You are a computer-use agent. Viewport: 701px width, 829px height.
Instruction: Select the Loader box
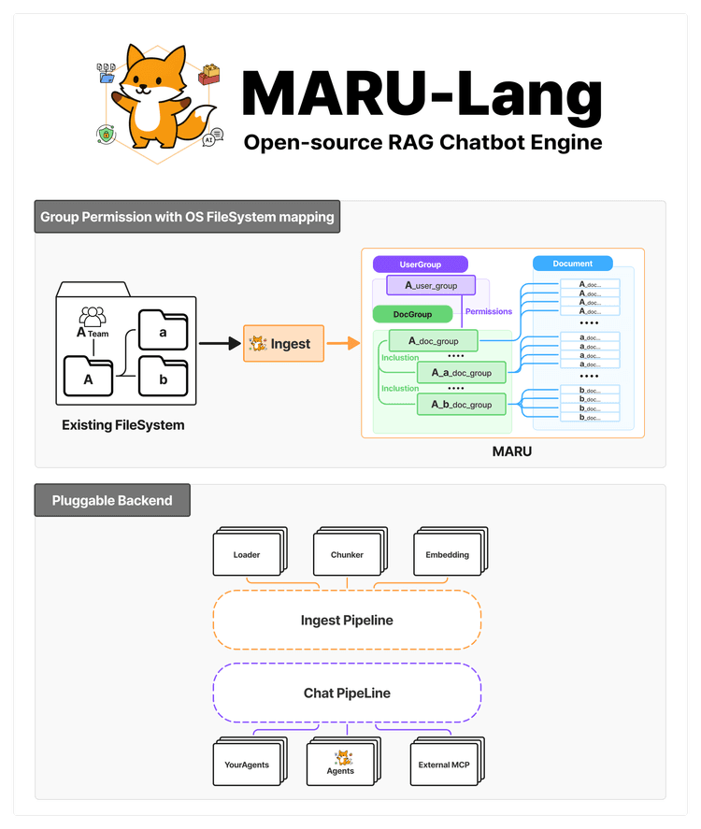(247, 555)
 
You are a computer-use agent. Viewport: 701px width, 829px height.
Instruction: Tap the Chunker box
(347, 555)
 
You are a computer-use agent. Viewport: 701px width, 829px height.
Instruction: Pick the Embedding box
(447, 555)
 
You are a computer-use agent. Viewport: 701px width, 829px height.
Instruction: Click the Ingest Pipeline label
(347, 620)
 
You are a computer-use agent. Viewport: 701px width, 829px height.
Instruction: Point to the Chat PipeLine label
(347, 693)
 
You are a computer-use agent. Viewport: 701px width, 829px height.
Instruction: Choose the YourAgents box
(247, 765)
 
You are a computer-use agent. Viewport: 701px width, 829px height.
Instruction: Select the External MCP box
(444, 765)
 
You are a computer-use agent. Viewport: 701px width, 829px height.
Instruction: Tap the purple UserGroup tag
(420, 264)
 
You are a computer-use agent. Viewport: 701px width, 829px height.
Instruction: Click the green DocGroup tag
(412, 314)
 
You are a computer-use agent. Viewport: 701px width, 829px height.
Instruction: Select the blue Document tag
(573, 264)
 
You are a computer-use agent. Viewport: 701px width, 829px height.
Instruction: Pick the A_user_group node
(431, 285)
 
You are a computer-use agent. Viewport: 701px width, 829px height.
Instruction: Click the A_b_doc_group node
(461, 404)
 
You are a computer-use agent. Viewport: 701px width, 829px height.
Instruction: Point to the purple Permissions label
(489, 311)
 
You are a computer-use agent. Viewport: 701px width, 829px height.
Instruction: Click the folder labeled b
(164, 378)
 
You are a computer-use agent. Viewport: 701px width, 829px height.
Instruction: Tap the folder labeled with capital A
(89, 378)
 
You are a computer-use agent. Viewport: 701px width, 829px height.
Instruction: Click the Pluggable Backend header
(112, 500)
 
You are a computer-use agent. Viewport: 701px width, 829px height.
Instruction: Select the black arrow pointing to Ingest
(220, 344)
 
